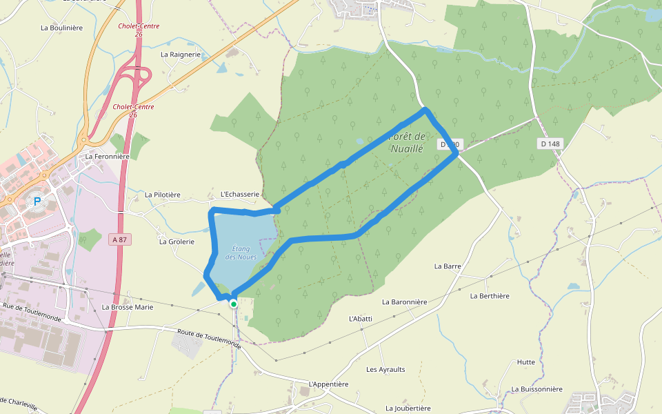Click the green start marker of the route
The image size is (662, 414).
pos(234,304)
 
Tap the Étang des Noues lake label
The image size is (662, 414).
pos(241,253)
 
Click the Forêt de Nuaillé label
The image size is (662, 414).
pos(408,142)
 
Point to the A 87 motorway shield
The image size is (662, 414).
pos(120,239)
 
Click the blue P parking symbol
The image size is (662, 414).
pos(37,201)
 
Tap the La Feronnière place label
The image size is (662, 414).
pos(108,157)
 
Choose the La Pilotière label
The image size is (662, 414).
pos(163,195)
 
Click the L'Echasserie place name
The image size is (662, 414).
pos(240,195)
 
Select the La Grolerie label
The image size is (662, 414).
pos(177,241)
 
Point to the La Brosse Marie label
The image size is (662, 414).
pos(128,307)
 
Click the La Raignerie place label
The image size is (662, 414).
pos(181,54)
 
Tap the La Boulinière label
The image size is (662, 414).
pos(62,28)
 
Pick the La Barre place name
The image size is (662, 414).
pos(448,266)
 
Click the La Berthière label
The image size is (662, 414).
pos(490,296)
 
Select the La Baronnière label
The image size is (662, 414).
pos(405,302)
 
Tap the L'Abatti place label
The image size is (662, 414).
pos(361,319)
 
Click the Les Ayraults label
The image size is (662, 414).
pos(385,369)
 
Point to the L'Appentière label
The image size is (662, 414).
pos(329,384)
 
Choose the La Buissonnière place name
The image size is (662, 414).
pos(537,389)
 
